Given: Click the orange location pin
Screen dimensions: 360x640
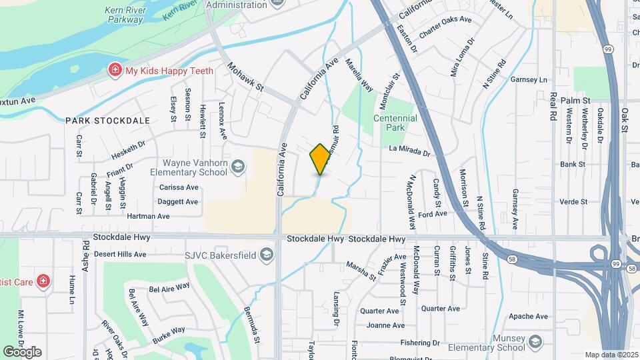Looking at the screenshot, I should [x=320, y=159].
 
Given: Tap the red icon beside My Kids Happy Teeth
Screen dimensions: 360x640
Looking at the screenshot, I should [x=115, y=70].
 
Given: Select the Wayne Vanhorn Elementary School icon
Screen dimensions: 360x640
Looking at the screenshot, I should [x=238, y=169].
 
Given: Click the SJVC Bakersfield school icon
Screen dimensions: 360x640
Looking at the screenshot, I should [x=267, y=255].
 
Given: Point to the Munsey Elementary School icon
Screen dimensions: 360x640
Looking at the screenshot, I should [x=535, y=343].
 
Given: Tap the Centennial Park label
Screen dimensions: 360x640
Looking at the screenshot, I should [x=395, y=123].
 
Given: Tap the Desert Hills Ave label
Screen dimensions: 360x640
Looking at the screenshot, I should [x=119, y=254].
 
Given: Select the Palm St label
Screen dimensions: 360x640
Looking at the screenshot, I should [x=575, y=100].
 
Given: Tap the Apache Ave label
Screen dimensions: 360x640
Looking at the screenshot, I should [x=528, y=316].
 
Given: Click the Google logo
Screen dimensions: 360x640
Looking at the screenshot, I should [x=22, y=351].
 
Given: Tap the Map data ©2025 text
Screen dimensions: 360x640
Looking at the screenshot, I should [x=611, y=355].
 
